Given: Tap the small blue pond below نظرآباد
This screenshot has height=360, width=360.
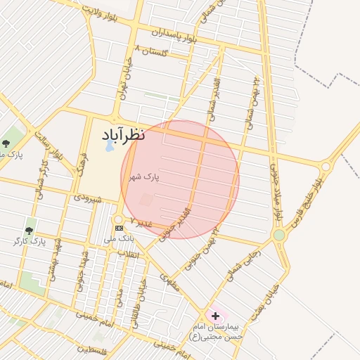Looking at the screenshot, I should pyautogui.click(x=109, y=148).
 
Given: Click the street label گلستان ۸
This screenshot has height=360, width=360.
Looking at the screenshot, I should pyautogui.click(x=156, y=51).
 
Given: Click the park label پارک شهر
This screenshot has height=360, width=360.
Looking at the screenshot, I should pyautogui.click(x=143, y=177).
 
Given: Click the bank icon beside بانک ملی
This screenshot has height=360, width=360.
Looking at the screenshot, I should pyautogui.click(x=119, y=228).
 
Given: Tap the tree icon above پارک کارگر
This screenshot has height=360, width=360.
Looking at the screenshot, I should pyautogui.click(x=29, y=231).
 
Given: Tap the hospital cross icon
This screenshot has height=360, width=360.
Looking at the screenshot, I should pyautogui.click(x=215, y=316).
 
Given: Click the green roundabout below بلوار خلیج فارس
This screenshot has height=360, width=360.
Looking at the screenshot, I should pyautogui.click(x=279, y=235).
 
